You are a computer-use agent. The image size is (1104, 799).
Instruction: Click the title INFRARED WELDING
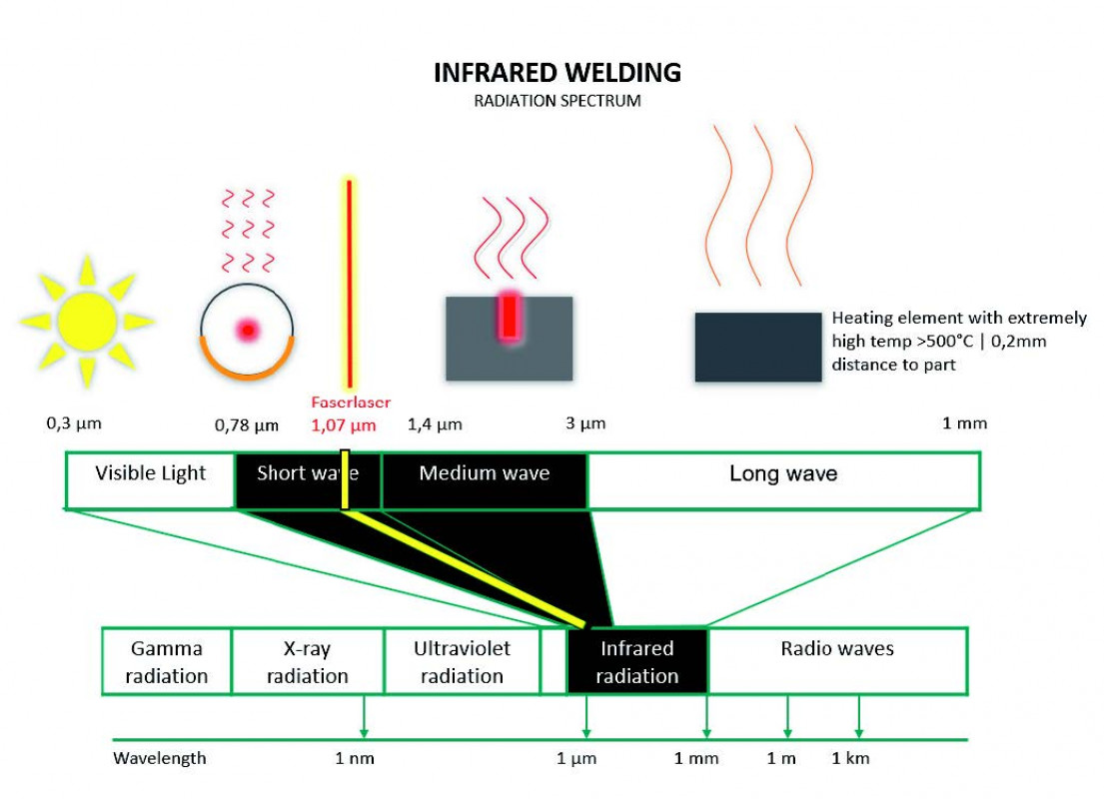click(557, 73)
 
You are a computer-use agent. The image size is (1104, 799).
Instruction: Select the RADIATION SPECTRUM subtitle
click(557, 101)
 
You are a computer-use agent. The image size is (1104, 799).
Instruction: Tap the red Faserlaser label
click(351, 401)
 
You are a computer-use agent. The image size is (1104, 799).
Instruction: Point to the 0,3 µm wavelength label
click(74, 423)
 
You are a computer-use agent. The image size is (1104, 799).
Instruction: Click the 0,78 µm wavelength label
click(247, 425)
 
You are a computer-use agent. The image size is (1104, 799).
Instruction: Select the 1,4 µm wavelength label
click(435, 424)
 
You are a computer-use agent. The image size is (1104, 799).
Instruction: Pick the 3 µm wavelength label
click(585, 423)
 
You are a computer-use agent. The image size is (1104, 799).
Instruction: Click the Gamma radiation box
click(167, 661)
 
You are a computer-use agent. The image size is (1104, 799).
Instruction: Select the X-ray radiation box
click(308, 661)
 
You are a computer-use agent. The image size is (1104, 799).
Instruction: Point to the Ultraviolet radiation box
click(462, 661)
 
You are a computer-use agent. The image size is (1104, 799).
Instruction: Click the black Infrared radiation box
click(637, 661)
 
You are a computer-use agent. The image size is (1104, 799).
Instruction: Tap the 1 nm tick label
click(355, 758)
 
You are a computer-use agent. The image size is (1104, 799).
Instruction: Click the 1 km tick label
click(850, 758)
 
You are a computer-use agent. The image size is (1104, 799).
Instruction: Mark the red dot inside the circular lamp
click(246, 329)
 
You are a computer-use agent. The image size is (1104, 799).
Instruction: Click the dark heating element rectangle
click(758, 347)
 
